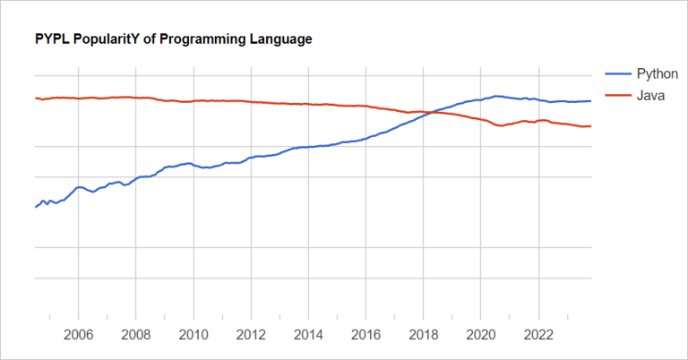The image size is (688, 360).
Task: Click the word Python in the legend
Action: tap(657, 73)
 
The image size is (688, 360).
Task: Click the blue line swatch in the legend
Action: tap(618, 73)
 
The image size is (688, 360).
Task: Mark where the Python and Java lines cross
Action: tap(431, 112)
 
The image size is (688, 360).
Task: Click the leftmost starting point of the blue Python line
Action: tap(35, 207)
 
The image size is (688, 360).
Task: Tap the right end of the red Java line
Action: tap(591, 126)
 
